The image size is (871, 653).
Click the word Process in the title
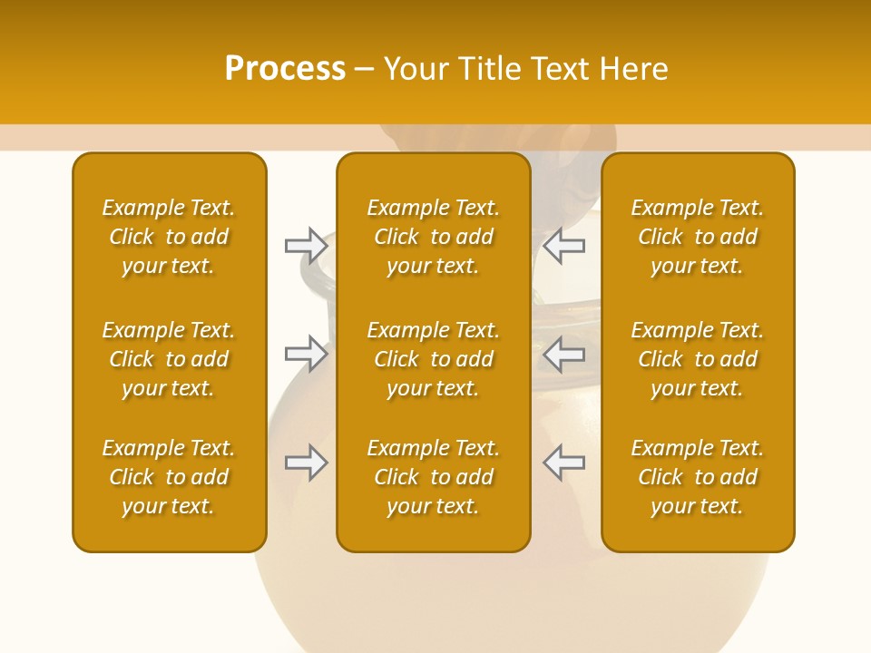coord(285,69)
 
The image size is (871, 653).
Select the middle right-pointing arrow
coord(306,354)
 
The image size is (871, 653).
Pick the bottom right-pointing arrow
coord(306,463)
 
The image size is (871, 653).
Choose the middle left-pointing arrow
coord(564,354)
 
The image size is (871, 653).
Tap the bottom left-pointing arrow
coord(564,463)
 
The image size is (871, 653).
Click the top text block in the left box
coord(169,237)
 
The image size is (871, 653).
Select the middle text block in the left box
coord(169,359)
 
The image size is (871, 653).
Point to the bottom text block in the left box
coord(169,477)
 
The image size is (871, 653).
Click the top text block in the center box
coord(433,237)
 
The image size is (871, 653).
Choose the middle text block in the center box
coord(433,359)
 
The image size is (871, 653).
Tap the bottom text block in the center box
coord(433,477)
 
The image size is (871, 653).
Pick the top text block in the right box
coord(697,237)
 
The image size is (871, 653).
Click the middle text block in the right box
coord(697,359)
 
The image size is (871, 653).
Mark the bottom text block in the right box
coord(697,477)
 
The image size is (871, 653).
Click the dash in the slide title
coord(364,70)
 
